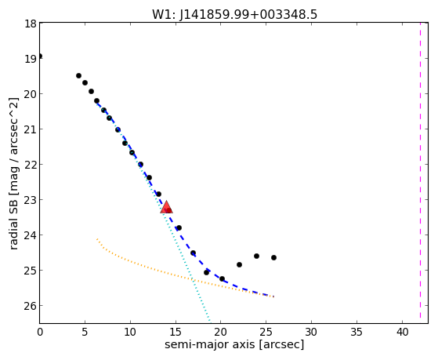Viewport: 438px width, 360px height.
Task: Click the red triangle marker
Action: [166, 207]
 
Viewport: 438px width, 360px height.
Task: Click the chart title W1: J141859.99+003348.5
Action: [234, 14]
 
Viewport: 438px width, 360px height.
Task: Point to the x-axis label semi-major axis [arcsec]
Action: [234, 344]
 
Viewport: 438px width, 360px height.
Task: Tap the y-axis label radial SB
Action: [13, 221]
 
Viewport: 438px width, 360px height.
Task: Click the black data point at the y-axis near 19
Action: [40, 56]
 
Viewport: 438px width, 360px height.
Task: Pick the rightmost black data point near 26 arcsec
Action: [273, 257]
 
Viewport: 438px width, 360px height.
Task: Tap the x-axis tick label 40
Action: [402, 333]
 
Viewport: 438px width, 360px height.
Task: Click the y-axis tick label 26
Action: [31, 306]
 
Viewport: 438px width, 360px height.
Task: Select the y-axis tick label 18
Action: [31, 24]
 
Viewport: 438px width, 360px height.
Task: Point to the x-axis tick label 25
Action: [266, 333]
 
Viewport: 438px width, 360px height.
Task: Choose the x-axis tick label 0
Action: [40, 333]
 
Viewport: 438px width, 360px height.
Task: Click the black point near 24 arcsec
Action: [256, 256]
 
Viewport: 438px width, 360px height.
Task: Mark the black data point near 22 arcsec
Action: [239, 264]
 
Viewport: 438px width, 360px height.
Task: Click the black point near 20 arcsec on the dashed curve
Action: [222, 279]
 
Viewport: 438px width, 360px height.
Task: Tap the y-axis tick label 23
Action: [31, 200]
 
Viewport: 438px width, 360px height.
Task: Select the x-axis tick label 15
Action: [176, 333]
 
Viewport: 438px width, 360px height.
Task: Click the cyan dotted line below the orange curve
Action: [201, 302]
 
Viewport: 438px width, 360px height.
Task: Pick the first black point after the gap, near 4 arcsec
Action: [79, 76]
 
